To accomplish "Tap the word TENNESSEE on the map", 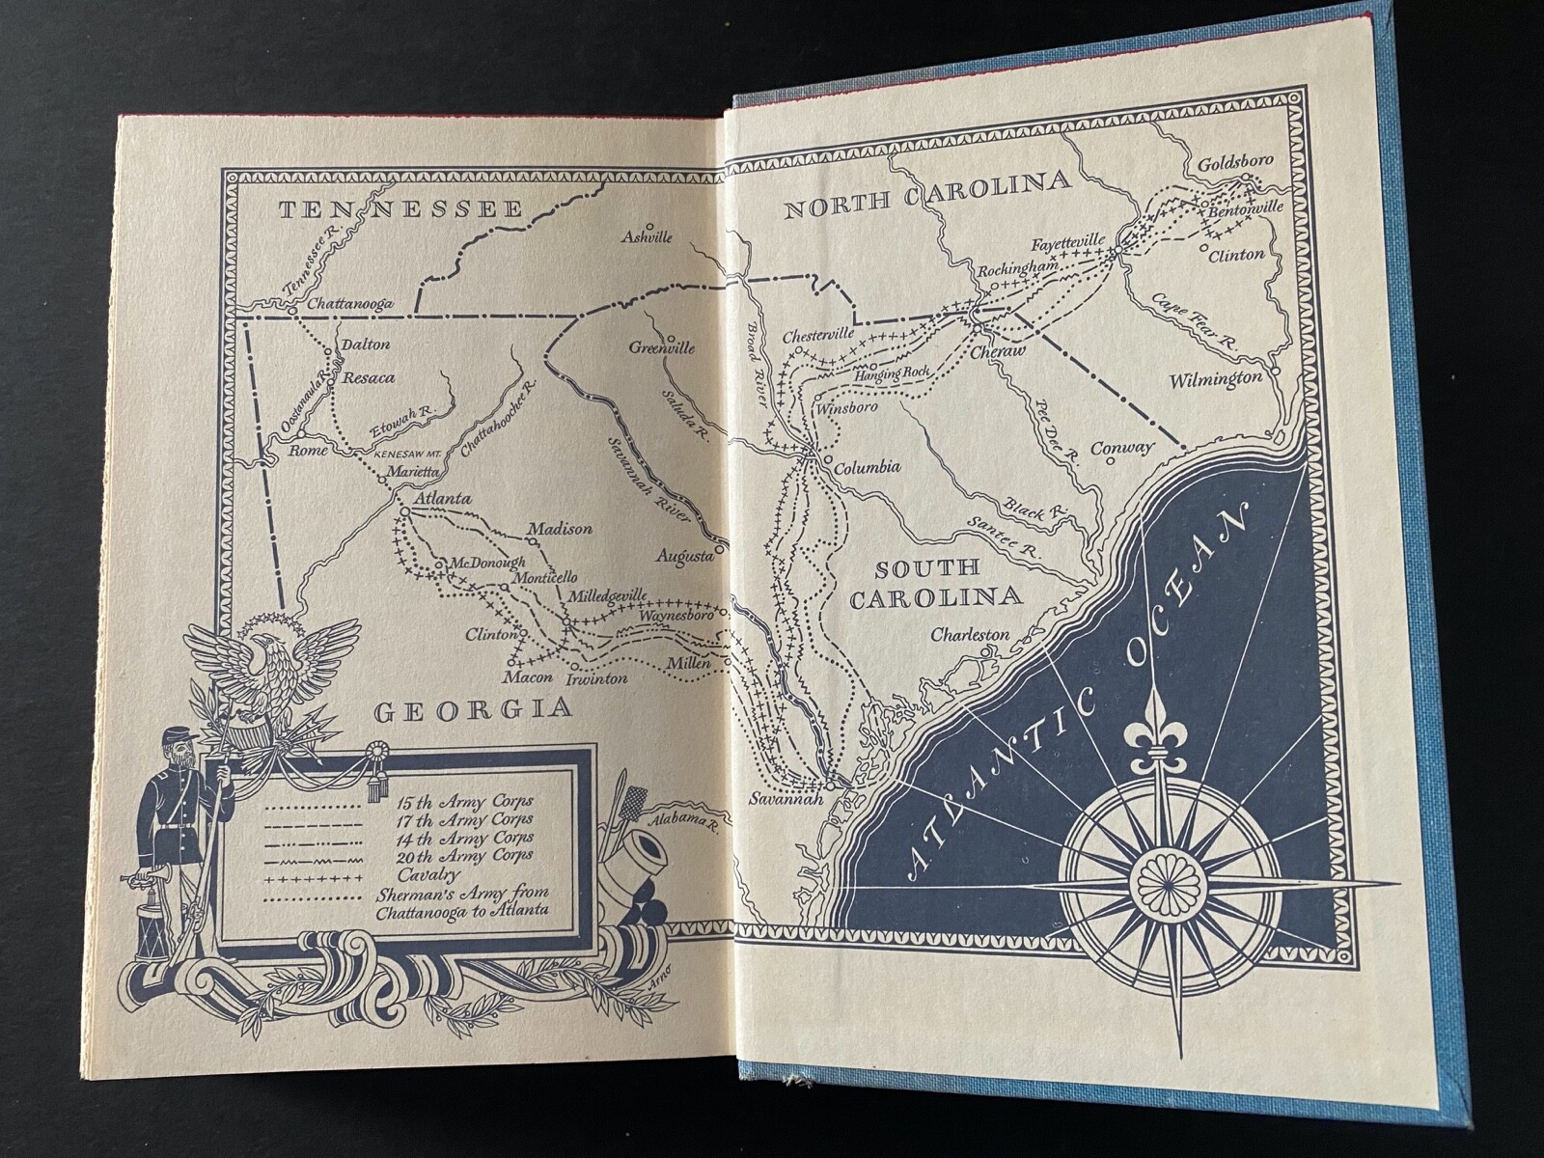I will pos(400,208).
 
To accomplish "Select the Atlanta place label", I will pos(441,499).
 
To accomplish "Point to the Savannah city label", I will pos(786,800).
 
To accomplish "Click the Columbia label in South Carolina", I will pos(867,468).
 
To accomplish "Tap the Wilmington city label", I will pos(1216,378).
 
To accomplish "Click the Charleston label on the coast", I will pos(970,635).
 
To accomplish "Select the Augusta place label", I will pos(684,556).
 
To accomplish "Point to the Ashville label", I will pos(647,236).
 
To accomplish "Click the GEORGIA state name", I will pos(473,711).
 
